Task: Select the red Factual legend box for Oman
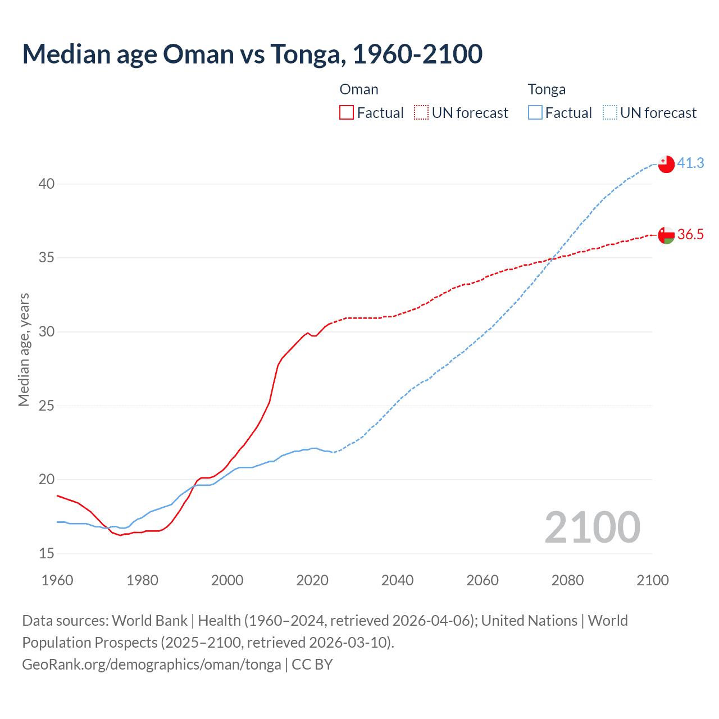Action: click(x=347, y=113)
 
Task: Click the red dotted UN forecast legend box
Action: click(x=421, y=113)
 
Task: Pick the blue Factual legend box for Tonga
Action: click(x=535, y=113)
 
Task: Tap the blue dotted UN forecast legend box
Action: click(x=610, y=113)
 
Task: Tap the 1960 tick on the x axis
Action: click(x=57, y=580)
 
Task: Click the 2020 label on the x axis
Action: click(x=312, y=580)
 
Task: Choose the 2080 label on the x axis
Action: click(x=567, y=580)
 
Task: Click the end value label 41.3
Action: click(x=690, y=163)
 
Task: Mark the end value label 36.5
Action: click(x=690, y=234)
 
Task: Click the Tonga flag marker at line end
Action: click(x=666, y=164)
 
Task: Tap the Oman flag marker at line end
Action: click(x=666, y=235)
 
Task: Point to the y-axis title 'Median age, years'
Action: click(x=24, y=349)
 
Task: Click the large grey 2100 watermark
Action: click(x=592, y=527)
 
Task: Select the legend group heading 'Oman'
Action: click(x=359, y=89)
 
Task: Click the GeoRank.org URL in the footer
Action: click(x=152, y=664)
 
